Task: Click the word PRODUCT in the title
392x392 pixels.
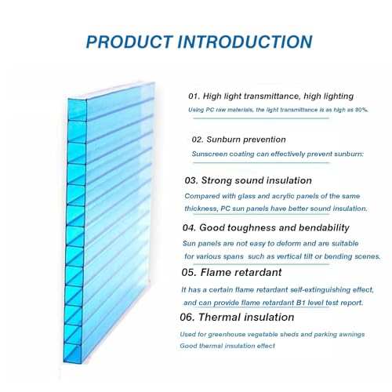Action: coord(129,42)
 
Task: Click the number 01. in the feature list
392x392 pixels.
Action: coord(194,96)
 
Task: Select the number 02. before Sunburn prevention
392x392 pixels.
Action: coord(198,140)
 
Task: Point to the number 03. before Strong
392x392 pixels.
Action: coord(191,180)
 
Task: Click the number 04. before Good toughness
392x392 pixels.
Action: coord(189,228)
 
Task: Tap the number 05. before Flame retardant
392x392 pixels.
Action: coord(189,273)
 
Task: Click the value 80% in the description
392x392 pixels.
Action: coord(361,110)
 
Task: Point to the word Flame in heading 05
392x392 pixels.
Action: coord(215,273)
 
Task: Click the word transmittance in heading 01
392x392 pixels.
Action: coord(271,96)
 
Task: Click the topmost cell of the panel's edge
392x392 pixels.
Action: coord(78,110)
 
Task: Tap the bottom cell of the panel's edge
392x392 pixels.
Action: coord(72,354)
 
